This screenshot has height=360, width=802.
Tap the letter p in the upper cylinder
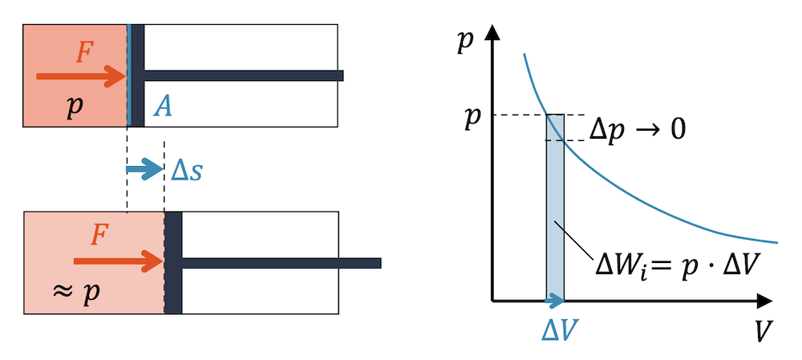[x=75, y=107]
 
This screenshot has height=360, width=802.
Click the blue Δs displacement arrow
[x=145, y=169]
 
